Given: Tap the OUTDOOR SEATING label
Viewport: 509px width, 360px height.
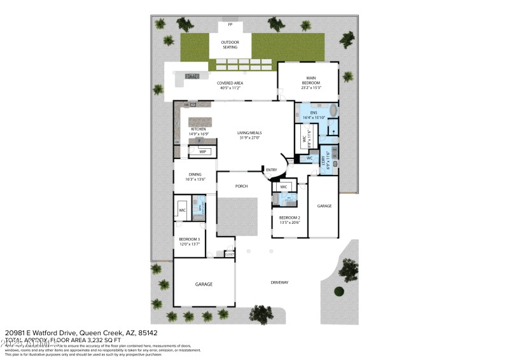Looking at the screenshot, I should click(230, 45).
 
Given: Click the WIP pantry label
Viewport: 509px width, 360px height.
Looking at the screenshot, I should click(203, 151).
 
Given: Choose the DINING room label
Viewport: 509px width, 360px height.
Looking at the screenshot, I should click(195, 176).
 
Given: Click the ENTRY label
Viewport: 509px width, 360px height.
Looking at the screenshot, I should click(272, 169).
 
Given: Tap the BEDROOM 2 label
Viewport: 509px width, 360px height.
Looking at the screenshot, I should click(289, 218).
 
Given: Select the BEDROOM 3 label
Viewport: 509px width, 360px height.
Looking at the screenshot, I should click(190, 239).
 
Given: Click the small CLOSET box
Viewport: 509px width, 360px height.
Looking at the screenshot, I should click(229, 254).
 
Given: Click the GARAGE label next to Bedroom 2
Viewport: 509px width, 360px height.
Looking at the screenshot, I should click(324, 205).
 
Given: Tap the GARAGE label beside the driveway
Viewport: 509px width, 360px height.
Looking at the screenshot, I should click(204, 284).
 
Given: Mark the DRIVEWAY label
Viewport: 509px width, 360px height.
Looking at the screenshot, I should click(279, 282).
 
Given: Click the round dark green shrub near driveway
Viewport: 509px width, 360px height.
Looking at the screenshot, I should click(338, 291).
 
